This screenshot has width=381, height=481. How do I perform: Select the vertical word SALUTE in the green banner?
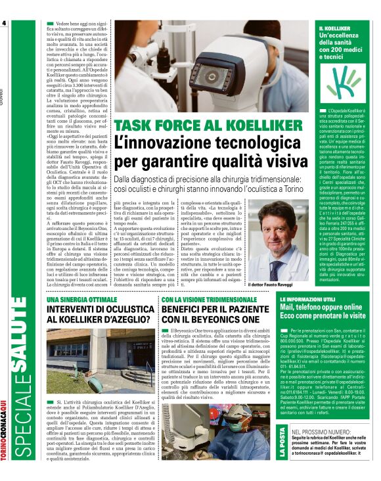pyautogui.click(x=24, y=365)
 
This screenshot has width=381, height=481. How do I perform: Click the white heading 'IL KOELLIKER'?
pyautogui.click(x=332, y=30)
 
